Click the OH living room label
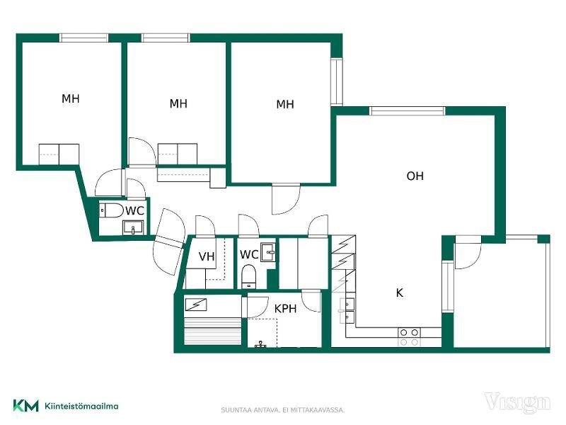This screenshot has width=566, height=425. click(x=415, y=176)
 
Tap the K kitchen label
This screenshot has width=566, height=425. click(x=399, y=293)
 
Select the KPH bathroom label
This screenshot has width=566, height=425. click(x=285, y=309)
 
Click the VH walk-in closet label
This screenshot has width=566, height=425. click(x=207, y=256)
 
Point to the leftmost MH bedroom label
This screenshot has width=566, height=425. click(x=70, y=98)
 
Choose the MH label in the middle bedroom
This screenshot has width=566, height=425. click(x=178, y=103)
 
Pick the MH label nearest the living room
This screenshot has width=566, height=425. click(x=285, y=104)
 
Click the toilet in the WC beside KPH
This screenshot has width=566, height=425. click(x=248, y=276)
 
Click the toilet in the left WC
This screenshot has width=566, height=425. click(x=112, y=210)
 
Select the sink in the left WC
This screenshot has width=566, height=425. click(x=133, y=228)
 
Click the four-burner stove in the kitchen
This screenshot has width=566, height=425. click(x=410, y=337)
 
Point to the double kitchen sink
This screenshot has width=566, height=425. click(x=347, y=310)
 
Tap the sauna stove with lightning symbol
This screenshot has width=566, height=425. click(x=196, y=305)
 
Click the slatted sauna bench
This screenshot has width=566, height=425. click(x=212, y=331)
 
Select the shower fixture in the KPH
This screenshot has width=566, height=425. click(x=260, y=344)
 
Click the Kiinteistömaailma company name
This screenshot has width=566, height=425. click(x=81, y=406)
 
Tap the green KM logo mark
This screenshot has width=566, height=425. click(x=25, y=405)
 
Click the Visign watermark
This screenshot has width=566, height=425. click(x=517, y=402)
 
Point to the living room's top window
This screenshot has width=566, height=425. click(x=408, y=111)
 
